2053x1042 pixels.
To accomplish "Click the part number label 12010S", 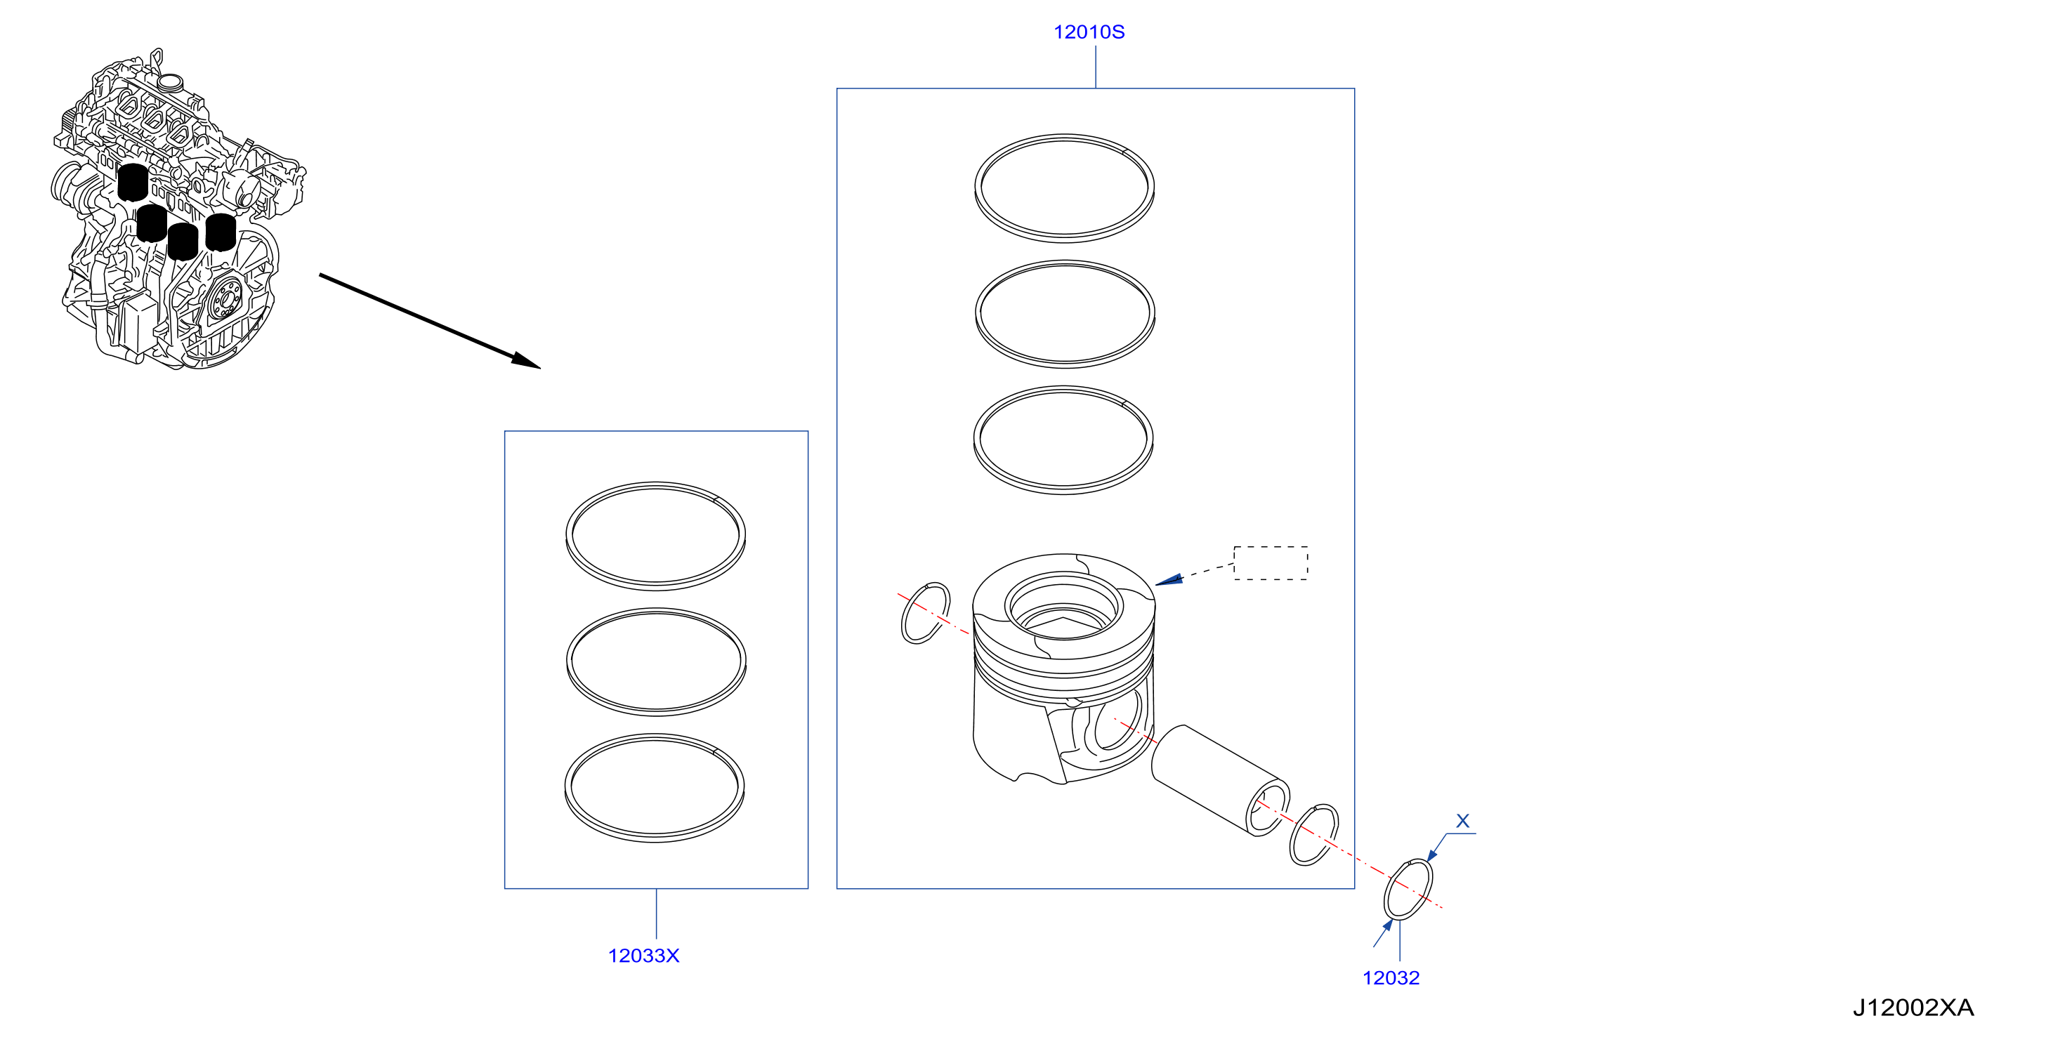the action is (x=1089, y=32).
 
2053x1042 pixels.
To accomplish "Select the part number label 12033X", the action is (x=643, y=955).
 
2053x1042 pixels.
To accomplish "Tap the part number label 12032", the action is (x=1391, y=977).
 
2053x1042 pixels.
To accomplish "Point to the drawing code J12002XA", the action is (x=1913, y=1008).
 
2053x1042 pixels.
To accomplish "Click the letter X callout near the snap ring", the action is (x=1462, y=821).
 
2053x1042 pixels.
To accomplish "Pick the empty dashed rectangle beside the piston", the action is (x=1271, y=563).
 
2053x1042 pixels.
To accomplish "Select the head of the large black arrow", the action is (x=526, y=361).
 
